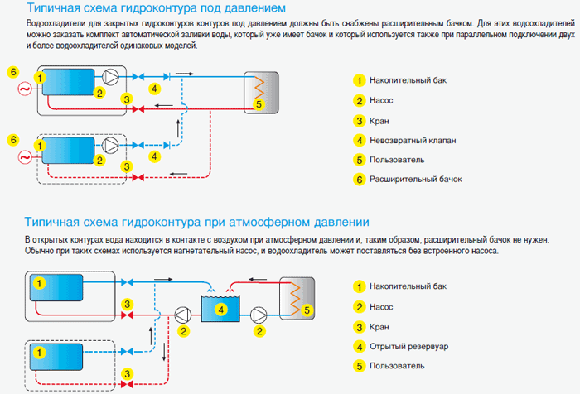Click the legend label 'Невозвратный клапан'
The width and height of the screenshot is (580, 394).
(413, 141)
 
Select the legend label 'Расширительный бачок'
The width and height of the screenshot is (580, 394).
(416, 180)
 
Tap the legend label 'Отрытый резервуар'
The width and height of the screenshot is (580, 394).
(408, 347)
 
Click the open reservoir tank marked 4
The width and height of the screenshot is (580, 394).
(220, 309)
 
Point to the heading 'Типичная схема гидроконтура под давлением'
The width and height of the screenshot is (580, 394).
(156, 7)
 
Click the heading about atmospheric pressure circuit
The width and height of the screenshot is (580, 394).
(197, 222)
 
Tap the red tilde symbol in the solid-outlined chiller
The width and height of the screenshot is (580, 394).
(25, 89)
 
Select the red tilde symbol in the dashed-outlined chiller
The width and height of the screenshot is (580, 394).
(25, 158)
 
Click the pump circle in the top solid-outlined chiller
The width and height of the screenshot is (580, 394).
(110, 77)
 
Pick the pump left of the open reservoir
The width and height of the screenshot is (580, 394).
(183, 315)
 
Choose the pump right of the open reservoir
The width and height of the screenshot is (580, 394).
(259, 315)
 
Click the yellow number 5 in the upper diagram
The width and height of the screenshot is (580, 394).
(259, 104)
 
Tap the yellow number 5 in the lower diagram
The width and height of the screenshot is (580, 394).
(307, 310)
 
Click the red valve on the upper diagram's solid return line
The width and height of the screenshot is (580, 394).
(138, 109)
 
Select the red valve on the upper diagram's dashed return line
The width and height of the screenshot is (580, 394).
(138, 178)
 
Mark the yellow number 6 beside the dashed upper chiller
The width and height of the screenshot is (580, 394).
(13, 140)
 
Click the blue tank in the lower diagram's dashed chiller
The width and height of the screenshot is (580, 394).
(56, 357)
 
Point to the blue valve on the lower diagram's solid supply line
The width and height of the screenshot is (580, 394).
(127, 283)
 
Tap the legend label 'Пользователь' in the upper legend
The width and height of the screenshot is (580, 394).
(397, 160)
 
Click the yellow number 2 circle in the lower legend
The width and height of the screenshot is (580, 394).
(359, 307)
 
